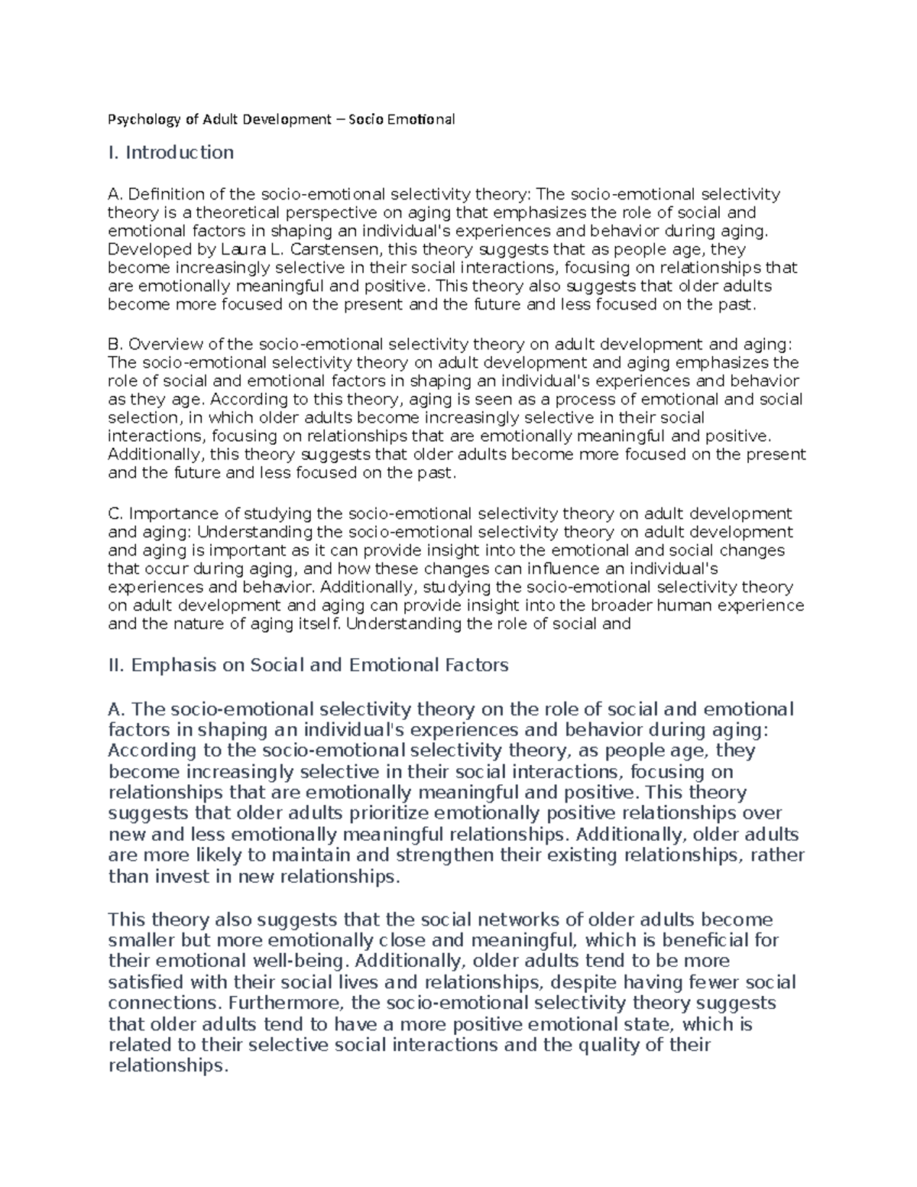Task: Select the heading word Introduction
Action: pos(180,153)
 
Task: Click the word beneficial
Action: pos(705,940)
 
